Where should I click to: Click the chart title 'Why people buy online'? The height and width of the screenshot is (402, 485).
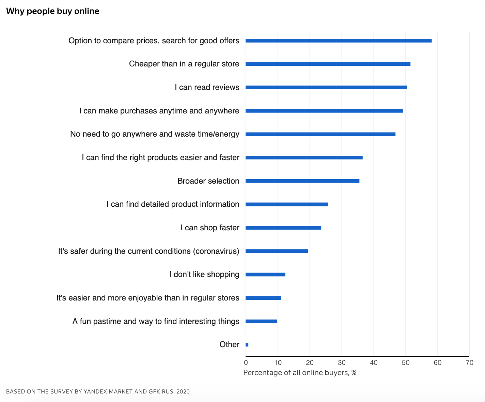pyautogui.click(x=53, y=11)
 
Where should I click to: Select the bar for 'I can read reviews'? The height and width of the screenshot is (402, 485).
pyautogui.click(x=326, y=87)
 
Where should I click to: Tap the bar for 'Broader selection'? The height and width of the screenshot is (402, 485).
pyautogui.click(x=302, y=181)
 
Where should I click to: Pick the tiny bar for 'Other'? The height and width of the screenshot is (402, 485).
pyautogui.click(x=247, y=345)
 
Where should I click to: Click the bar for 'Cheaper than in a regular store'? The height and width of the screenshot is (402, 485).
pyautogui.click(x=328, y=64)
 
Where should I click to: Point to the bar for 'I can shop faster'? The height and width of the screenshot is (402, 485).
pyautogui.click(x=283, y=228)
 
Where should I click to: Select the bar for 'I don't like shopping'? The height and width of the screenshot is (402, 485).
pyautogui.click(x=265, y=275)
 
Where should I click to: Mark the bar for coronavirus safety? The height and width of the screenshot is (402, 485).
pyautogui.click(x=277, y=251)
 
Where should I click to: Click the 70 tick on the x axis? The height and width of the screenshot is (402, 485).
pyautogui.click(x=469, y=362)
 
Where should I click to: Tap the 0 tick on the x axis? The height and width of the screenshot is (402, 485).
pyautogui.click(x=246, y=362)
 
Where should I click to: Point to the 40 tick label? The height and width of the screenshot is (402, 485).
pyautogui.click(x=374, y=362)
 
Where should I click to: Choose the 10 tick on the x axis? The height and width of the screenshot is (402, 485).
pyautogui.click(x=278, y=362)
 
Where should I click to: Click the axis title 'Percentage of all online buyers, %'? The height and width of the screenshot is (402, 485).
pyautogui.click(x=300, y=373)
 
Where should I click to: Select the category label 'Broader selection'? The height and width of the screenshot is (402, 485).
pyautogui.click(x=208, y=181)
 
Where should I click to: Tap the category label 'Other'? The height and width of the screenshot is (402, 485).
pyautogui.click(x=229, y=344)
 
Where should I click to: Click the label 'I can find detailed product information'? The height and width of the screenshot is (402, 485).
pyautogui.click(x=173, y=204)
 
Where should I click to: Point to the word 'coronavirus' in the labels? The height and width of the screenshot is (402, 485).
pyautogui.click(x=216, y=251)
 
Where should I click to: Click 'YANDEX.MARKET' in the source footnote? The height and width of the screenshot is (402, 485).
pyautogui.click(x=108, y=391)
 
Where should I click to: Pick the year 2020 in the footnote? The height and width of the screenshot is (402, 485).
pyautogui.click(x=183, y=391)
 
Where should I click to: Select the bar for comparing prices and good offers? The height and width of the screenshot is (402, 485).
pyautogui.click(x=338, y=41)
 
